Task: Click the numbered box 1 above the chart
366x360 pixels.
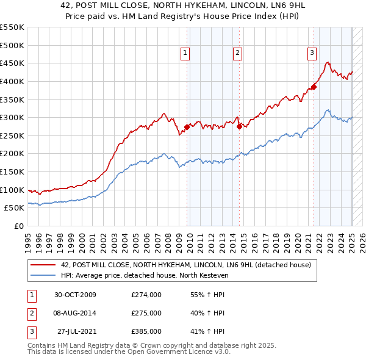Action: click(185, 53)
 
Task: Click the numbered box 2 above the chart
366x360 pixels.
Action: click(237, 53)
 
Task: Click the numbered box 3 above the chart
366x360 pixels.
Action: click(312, 53)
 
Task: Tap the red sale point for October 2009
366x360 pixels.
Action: click(187, 128)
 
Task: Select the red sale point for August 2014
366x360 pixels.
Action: click(239, 127)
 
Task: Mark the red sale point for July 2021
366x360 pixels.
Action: click(314, 87)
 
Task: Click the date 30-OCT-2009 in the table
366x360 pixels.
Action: click(75, 295)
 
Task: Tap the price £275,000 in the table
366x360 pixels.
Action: click(146, 313)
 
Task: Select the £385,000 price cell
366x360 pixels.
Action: click(146, 331)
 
